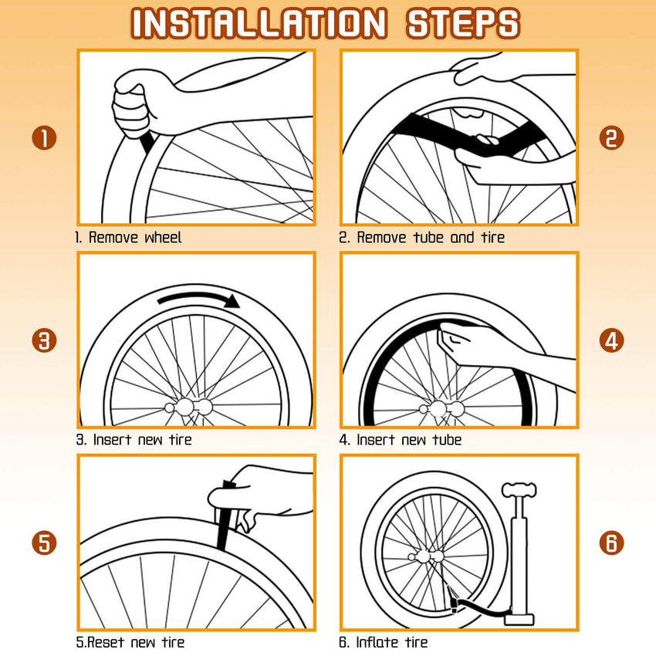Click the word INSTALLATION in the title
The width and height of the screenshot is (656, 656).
[259, 23]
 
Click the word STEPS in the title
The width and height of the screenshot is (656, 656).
[463, 23]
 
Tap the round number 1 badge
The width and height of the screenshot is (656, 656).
[44, 138]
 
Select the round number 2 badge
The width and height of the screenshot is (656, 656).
[611, 138]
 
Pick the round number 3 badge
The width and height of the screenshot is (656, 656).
[44, 340]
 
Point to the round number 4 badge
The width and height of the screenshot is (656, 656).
[611, 340]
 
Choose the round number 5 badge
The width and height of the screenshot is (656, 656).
[44, 543]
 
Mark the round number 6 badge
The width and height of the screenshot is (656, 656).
[611, 543]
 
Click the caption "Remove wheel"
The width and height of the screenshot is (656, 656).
[135, 238]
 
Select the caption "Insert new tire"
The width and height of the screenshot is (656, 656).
[142, 440]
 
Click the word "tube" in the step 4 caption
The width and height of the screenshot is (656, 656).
[447, 440]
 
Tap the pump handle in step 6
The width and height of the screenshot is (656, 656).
[519, 489]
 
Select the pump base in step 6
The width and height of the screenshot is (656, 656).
[519, 618]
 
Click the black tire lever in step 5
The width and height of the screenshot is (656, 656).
[225, 516]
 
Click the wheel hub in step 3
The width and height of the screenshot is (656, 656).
[188, 407]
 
